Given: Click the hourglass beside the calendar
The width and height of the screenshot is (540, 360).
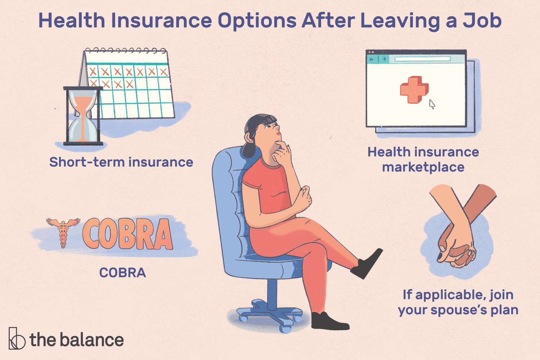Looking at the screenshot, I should [x=83, y=116].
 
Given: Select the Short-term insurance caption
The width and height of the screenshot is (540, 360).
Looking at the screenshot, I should [x=121, y=162].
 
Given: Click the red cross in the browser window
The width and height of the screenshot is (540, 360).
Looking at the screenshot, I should [x=414, y=89].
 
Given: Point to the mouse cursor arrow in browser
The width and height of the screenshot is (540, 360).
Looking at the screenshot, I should [x=432, y=104].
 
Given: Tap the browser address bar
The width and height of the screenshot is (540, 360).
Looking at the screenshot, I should [x=422, y=59].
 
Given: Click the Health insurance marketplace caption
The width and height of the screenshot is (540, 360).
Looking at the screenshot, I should [x=423, y=159].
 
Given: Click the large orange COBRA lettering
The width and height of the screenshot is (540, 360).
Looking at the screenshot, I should [x=127, y=234].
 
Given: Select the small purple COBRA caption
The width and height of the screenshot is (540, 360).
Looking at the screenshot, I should [x=122, y=273].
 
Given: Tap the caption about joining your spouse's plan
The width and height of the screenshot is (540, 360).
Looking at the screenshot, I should [x=458, y=302].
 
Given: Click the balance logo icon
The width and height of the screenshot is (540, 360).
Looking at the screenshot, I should [x=16, y=338].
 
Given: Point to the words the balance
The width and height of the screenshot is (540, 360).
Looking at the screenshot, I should [x=77, y=340].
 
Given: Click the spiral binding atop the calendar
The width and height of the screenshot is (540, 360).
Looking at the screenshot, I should [x=126, y=50].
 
